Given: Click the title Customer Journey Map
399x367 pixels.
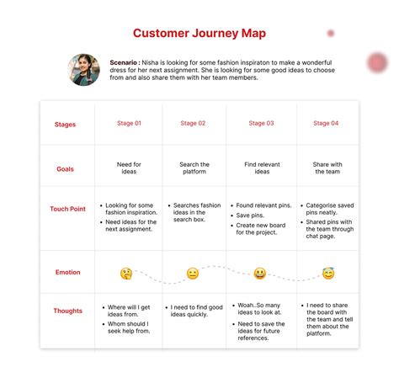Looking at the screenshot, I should pyautogui.click(x=199, y=33).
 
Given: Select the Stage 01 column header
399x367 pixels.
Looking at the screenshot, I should pyautogui.click(x=130, y=124).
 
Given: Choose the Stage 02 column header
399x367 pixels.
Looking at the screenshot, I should pyautogui.click(x=193, y=124).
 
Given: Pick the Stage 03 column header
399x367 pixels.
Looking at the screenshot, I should pyautogui.click(x=261, y=124).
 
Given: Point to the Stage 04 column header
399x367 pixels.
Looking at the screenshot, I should pyautogui.click(x=327, y=124).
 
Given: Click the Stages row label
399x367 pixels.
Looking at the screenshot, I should pyautogui.click(x=65, y=125).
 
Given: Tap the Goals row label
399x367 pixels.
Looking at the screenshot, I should pyautogui.click(x=65, y=168).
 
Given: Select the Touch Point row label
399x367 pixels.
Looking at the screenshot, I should pyautogui.click(x=67, y=209).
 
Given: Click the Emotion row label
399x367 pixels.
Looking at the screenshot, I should pyautogui.click(x=67, y=273).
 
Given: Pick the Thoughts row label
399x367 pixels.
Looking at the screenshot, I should pyautogui.click(x=67, y=311).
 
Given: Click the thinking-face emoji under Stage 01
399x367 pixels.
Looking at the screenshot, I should pyautogui.click(x=126, y=274).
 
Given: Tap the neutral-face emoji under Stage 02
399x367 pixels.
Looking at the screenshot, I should pyautogui.click(x=193, y=274).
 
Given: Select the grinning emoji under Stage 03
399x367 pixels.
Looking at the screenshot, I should pyautogui.click(x=259, y=274).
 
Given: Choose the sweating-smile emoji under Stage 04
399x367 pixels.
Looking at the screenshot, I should pyautogui.click(x=328, y=274).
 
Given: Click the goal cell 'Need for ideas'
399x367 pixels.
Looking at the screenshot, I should pyautogui.click(x=130, y=168).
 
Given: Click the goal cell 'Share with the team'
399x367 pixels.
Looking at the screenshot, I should pyautogui.click(x=327, y=168).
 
